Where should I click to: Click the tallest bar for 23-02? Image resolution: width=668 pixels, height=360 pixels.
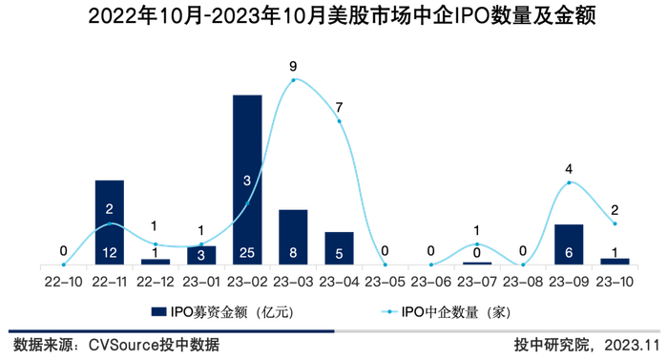pos(247,180)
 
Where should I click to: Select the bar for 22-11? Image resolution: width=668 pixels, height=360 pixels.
pos(110,222)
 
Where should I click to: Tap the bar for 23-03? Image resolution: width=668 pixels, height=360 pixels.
pos(293,236)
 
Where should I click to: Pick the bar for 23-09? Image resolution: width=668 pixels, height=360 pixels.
pos(569,244)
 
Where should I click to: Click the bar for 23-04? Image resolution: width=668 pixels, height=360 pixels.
pos(339,247)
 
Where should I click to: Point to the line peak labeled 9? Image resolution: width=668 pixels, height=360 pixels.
pos(293,79)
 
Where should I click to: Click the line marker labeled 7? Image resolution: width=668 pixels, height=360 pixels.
pos(339,121)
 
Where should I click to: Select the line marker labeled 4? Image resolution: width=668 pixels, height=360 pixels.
pos(569,182)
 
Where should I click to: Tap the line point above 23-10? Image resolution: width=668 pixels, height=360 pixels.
pos(615,223)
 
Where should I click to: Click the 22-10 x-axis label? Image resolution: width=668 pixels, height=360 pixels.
pos(63,282)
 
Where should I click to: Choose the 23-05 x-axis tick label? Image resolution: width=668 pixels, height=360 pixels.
pos(385,282)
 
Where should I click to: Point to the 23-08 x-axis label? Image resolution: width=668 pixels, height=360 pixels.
pos(523,282)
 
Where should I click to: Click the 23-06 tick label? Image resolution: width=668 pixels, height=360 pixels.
pos(430,282)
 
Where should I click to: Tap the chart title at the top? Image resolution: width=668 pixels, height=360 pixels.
pos(333,16)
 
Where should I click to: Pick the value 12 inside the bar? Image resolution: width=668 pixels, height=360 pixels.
pos(110,253)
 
